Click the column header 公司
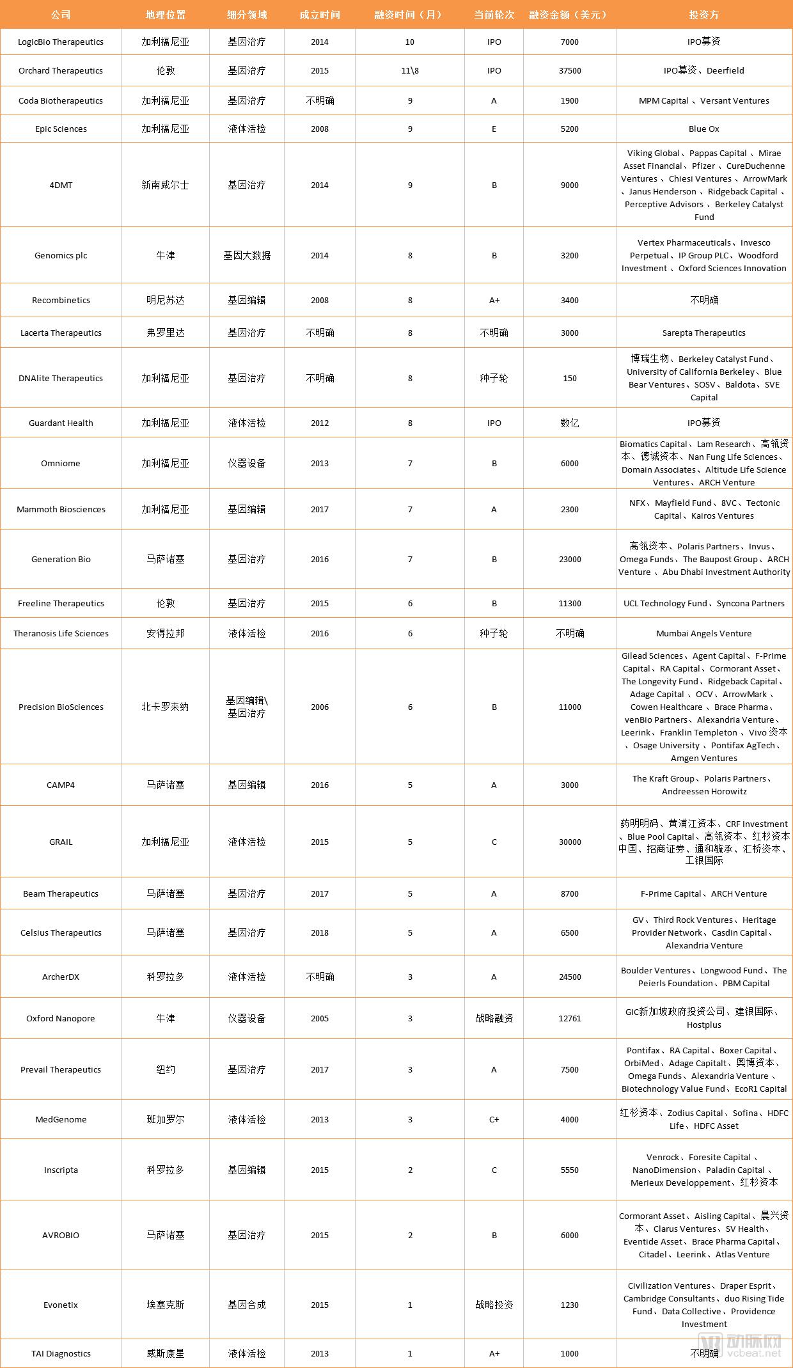click(x=61, y=15)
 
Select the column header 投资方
click(x=704, y=15)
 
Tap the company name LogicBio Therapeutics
click(x=61, y=42)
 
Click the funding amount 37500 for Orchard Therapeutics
click(x=570, y=71)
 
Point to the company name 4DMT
click(x=61, y=185)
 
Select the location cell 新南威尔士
click(x=165, y=185)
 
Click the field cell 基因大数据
click(x=247, y=256)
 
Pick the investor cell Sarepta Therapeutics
click(x=704, y=333)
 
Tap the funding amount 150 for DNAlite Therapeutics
click(x=570, y=379)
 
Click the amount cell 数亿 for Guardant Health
click(x=570, y=423)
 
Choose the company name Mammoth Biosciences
click(x=61, y=510)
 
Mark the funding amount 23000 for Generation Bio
click(x=570, y=560)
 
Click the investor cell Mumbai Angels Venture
click(x=704, y=634)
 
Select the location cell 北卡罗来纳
click(x=165, y=707)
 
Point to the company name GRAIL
click(x=61, y=842)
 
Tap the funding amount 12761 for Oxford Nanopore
click(x=570, y=1019)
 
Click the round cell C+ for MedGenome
click(x=494, y=1120)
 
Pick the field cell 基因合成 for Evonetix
click(x=247, y=1305)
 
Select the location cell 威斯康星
click(x=165, y=1354)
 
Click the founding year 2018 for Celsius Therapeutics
click(x=320, y=933)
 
